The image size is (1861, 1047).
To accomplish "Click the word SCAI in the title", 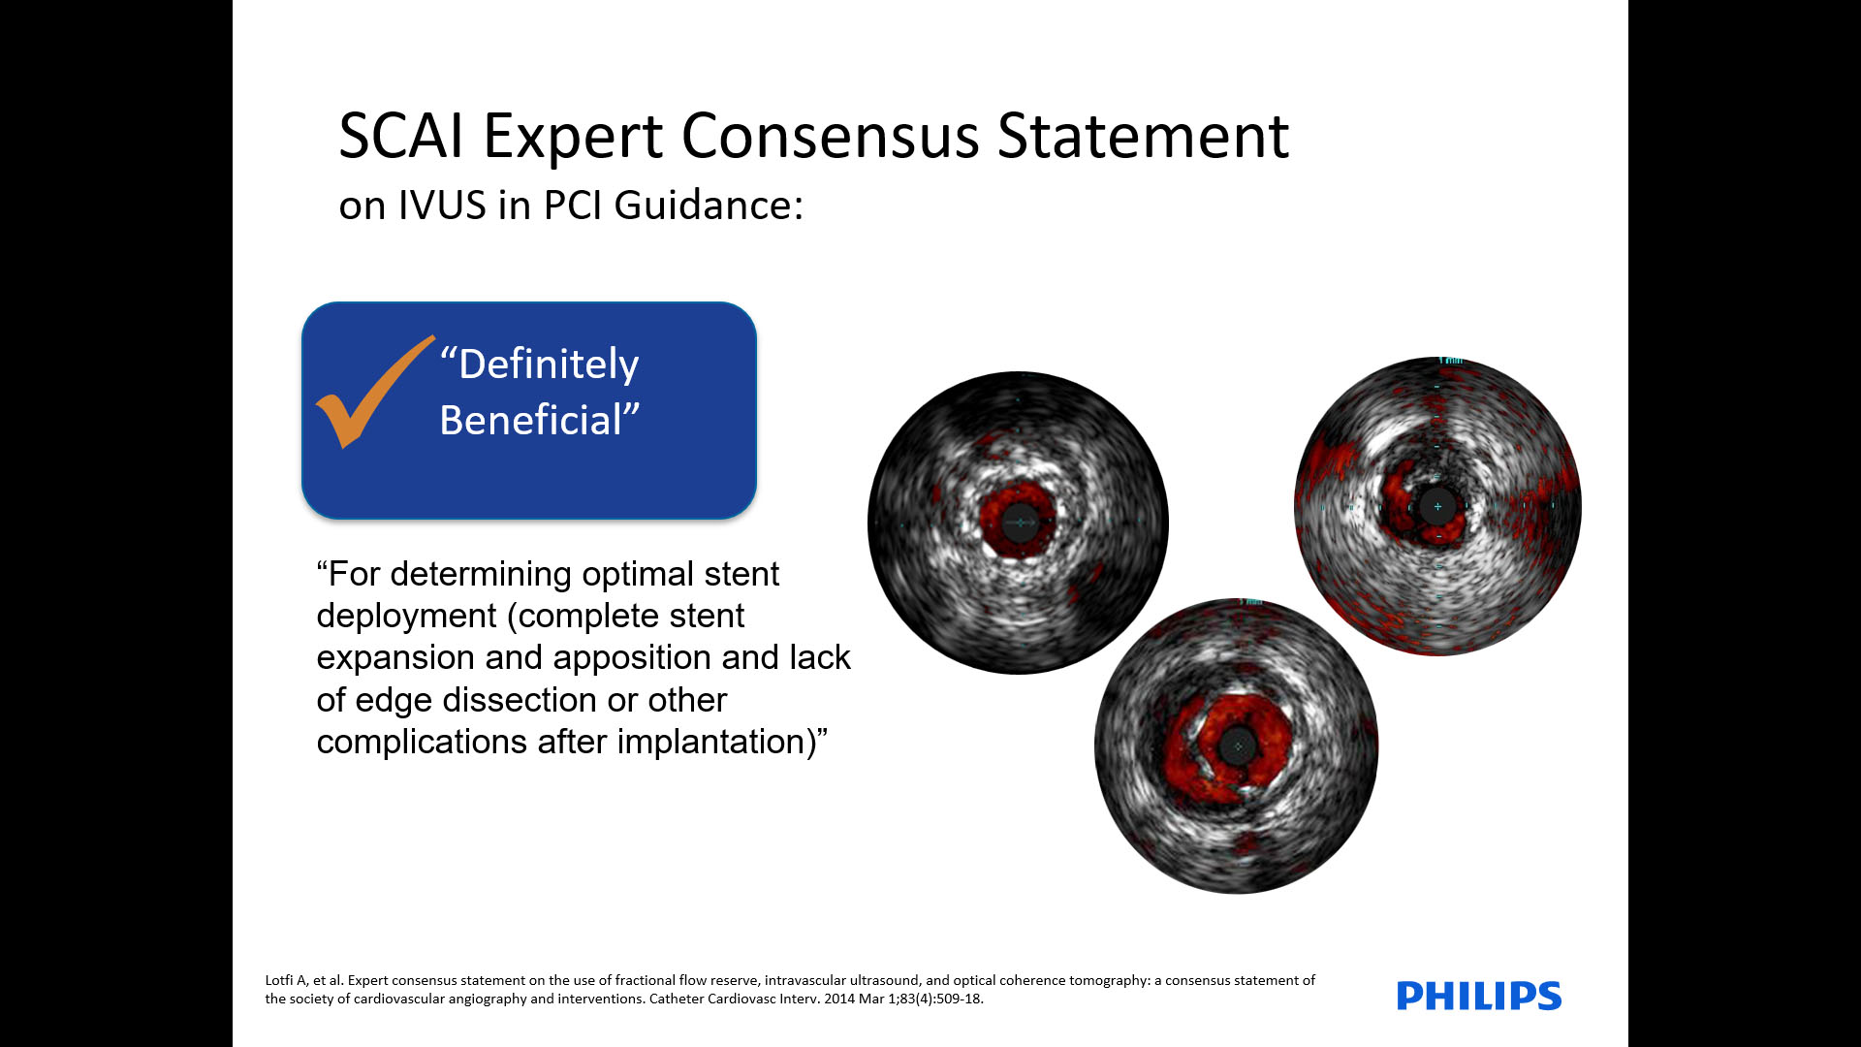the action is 401,135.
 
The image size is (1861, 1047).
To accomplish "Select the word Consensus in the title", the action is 830,135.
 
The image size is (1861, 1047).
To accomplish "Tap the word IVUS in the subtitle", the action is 442,205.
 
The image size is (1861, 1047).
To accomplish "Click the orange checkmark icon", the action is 373,393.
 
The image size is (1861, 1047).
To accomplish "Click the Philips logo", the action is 1479,996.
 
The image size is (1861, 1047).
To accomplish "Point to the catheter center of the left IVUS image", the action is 1020,523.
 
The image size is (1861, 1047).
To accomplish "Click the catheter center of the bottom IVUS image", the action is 1237,746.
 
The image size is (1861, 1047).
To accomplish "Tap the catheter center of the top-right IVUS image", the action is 1437,506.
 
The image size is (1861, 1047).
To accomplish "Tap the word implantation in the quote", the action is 711,742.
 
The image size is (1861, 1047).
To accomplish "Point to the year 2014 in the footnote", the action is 839,999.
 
